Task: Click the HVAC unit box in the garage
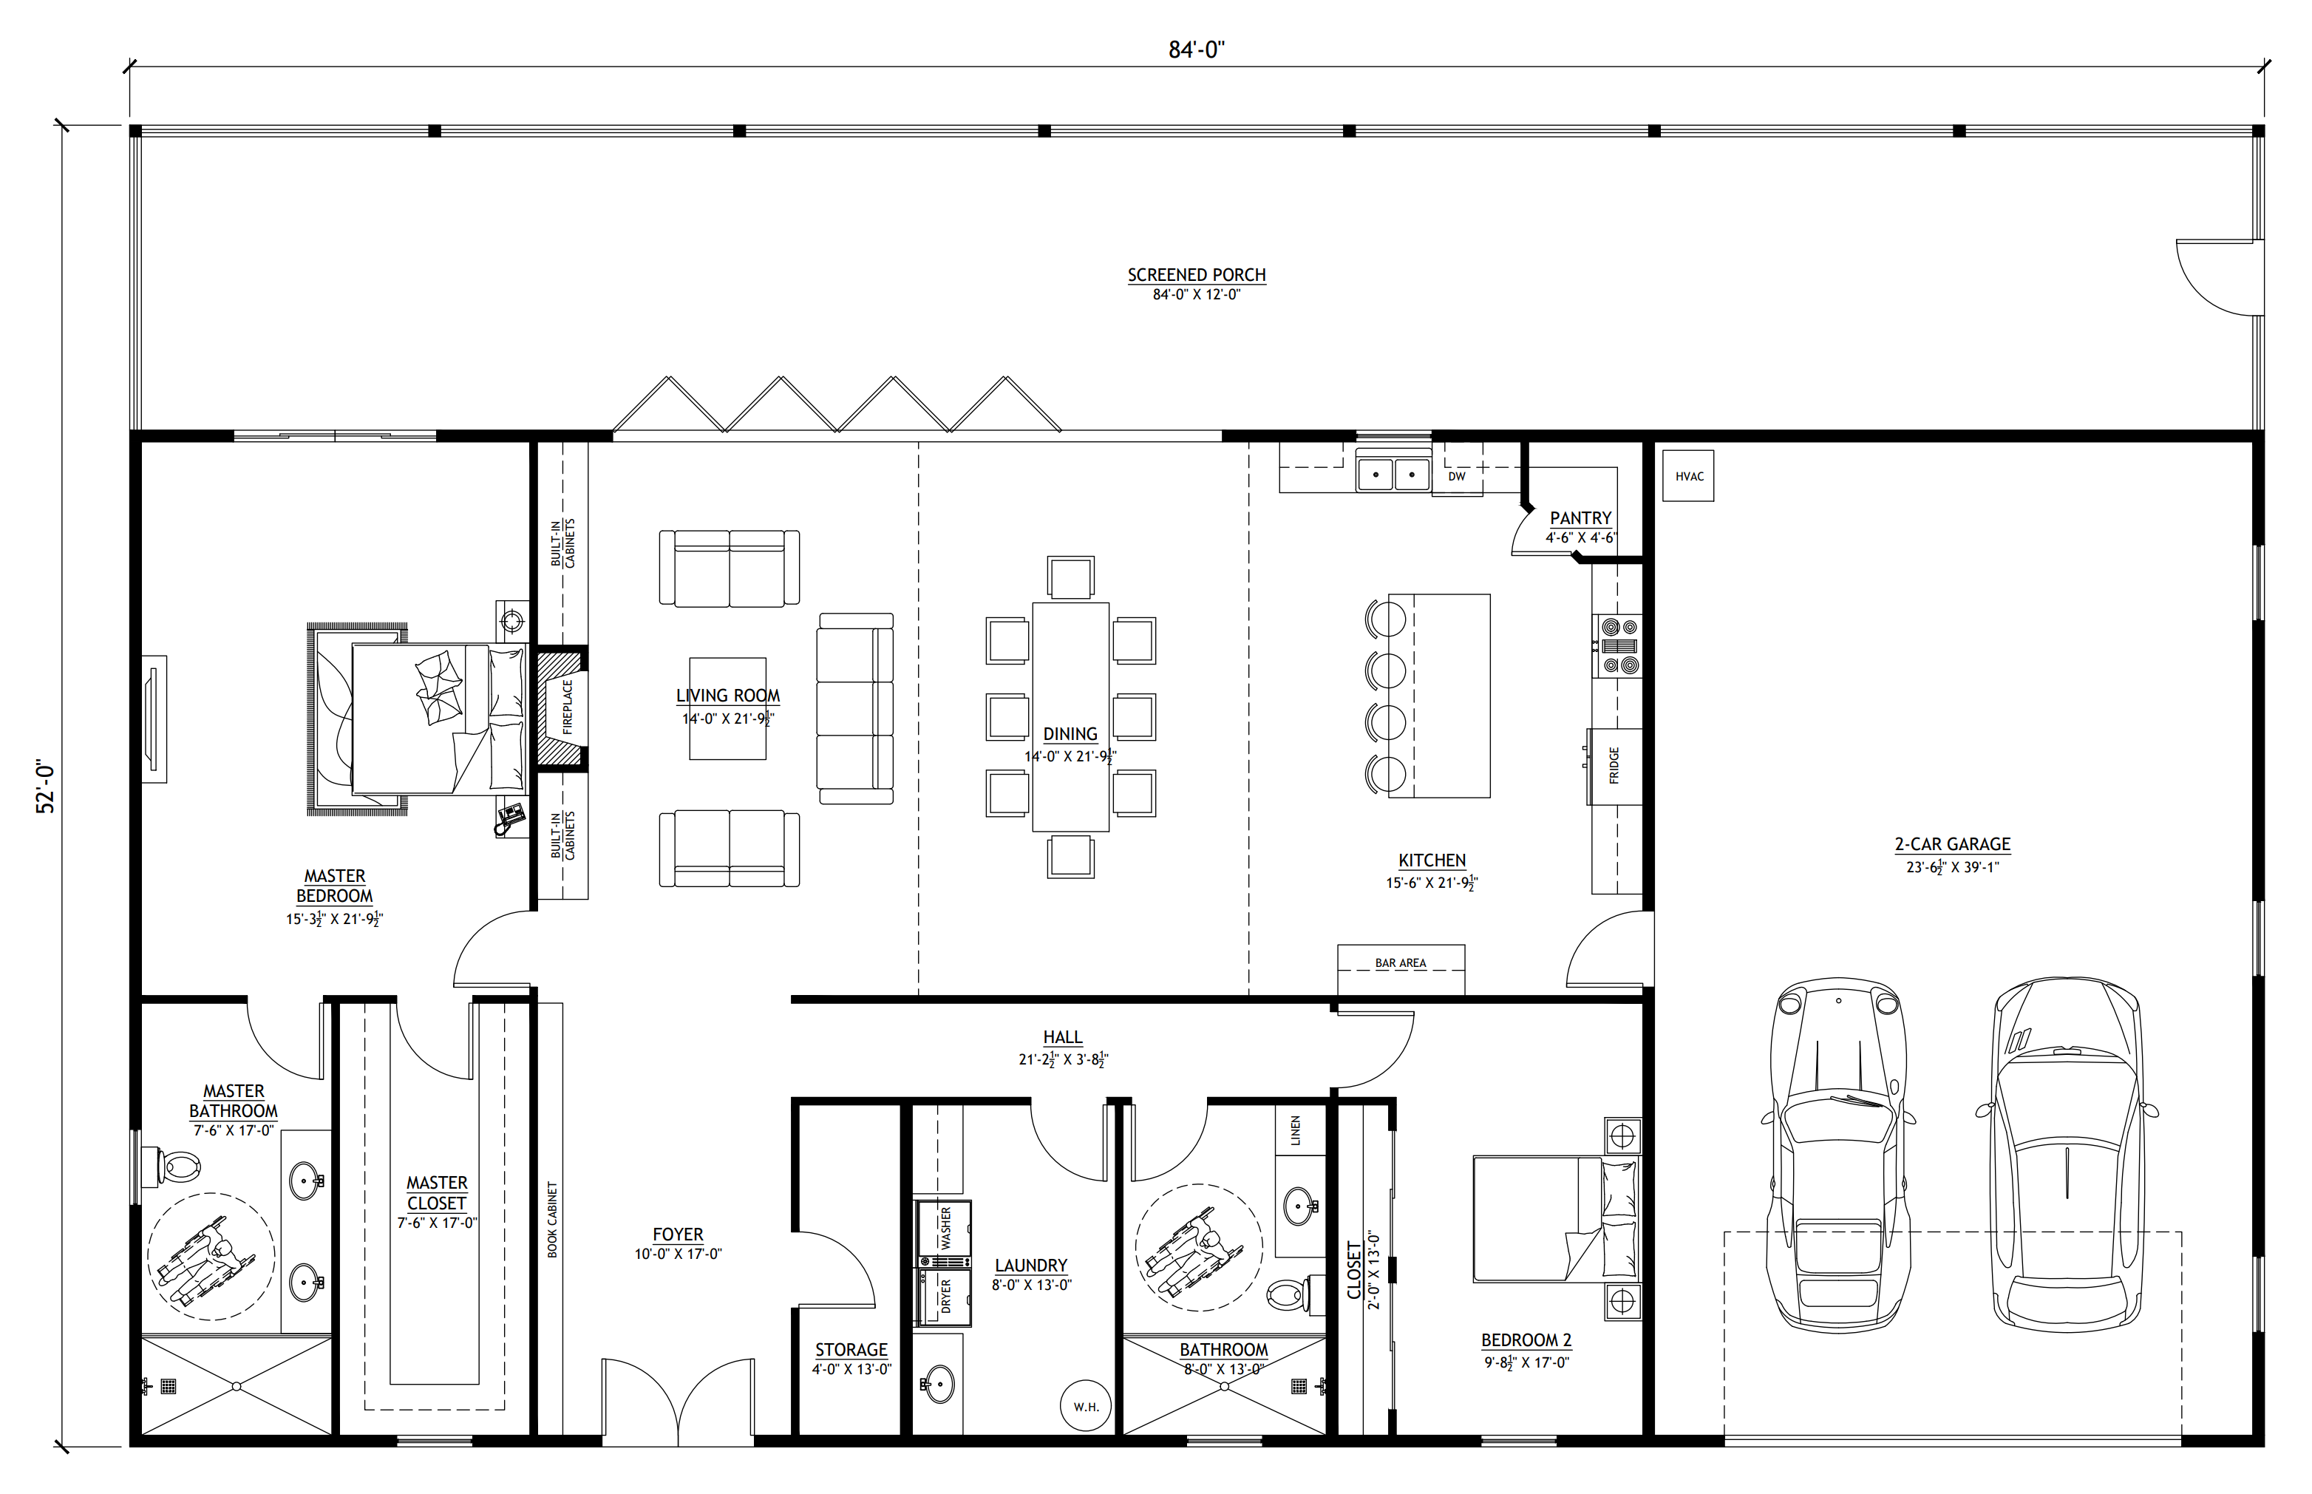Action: pos(1687,475)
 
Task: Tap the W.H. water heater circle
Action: pos(1085,1406)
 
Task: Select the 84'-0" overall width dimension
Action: pos(1196,50)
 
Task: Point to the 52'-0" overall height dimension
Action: pos(46,786)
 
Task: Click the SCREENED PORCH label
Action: pos(1196,274)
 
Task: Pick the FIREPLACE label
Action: pos(568,705)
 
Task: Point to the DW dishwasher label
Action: pos(1457,476)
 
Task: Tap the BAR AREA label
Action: pos(1401,963)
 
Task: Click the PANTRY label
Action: pos(1580,518)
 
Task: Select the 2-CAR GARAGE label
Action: pos(1952,844)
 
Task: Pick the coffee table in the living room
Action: pos(727,708)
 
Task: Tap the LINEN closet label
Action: pos(1296,1130)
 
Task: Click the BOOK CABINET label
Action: pos(553,1220)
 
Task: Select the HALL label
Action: pos(1063,1038)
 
